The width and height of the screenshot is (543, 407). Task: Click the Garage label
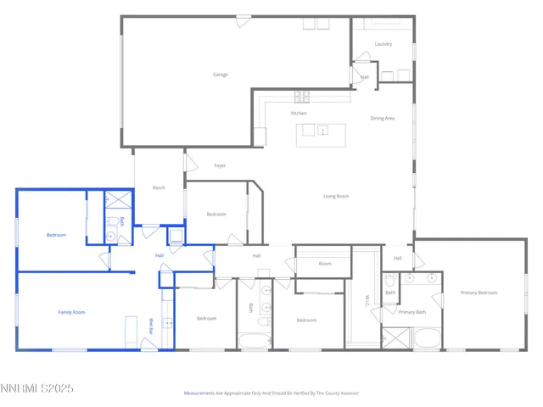tap(221, 75)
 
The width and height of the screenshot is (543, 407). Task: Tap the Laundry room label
tap(383, 44)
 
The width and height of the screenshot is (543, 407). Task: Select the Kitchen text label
tap(299, 113)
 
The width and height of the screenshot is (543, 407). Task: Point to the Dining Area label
tap(383, 118)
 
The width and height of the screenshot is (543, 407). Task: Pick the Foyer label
tap(220, 165)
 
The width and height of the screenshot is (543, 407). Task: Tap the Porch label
tap(159, 187)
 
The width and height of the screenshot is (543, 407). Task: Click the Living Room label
tap(336, 197)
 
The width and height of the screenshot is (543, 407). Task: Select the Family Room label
tap(71, 312)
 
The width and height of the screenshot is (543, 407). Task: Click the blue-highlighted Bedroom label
tap(56, 235)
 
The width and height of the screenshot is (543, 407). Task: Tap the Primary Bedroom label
tap(479, 293)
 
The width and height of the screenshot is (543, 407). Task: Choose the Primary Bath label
tap(411, 312)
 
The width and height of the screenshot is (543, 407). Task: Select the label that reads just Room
tap(325, 264)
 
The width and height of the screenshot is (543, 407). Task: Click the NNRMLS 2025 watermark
tap(37, 388)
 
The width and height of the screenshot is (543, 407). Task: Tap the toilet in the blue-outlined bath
tap(113, 223)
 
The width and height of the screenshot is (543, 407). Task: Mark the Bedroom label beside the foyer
tap(216, 215)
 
